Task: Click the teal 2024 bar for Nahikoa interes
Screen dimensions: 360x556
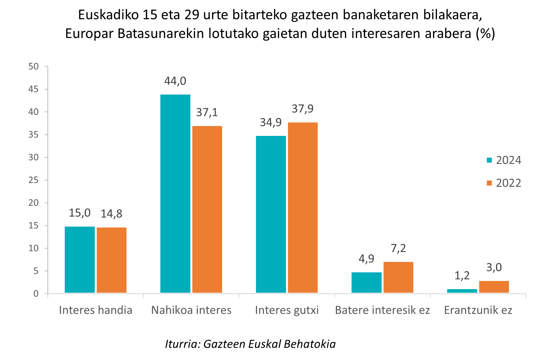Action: (x=175, y=194)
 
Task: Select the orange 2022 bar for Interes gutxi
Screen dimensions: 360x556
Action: (x=303, y=207)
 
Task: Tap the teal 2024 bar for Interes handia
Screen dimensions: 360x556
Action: (x=80, y=259)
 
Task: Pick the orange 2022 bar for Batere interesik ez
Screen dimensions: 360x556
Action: (x=398, y=277)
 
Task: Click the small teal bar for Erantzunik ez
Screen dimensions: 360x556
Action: (x=462, y=291)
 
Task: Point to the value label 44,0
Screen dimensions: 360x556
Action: (x=175, y=81)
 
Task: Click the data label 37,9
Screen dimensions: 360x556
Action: (x=303, y=109)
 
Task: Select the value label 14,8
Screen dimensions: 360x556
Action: (x=111, y=214)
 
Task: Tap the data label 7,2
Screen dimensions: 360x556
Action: (x=398, y=248)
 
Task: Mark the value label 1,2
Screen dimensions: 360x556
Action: (x=462, y=276)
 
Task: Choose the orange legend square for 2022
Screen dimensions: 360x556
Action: (x=489, y=183)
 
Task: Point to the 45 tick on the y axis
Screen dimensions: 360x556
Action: (x=34, y=89)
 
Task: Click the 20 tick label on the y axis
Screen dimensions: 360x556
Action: (x=34, y=203)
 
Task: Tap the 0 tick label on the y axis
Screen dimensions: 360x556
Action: (x=36, y=294)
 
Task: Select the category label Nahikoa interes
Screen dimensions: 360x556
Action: (x=191, y=310)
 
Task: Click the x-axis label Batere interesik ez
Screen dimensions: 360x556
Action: (x=382, y=310)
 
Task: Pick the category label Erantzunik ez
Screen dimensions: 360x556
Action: (x=478, y=310)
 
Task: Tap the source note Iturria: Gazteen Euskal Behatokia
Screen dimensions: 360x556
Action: (x=250, y=344)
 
